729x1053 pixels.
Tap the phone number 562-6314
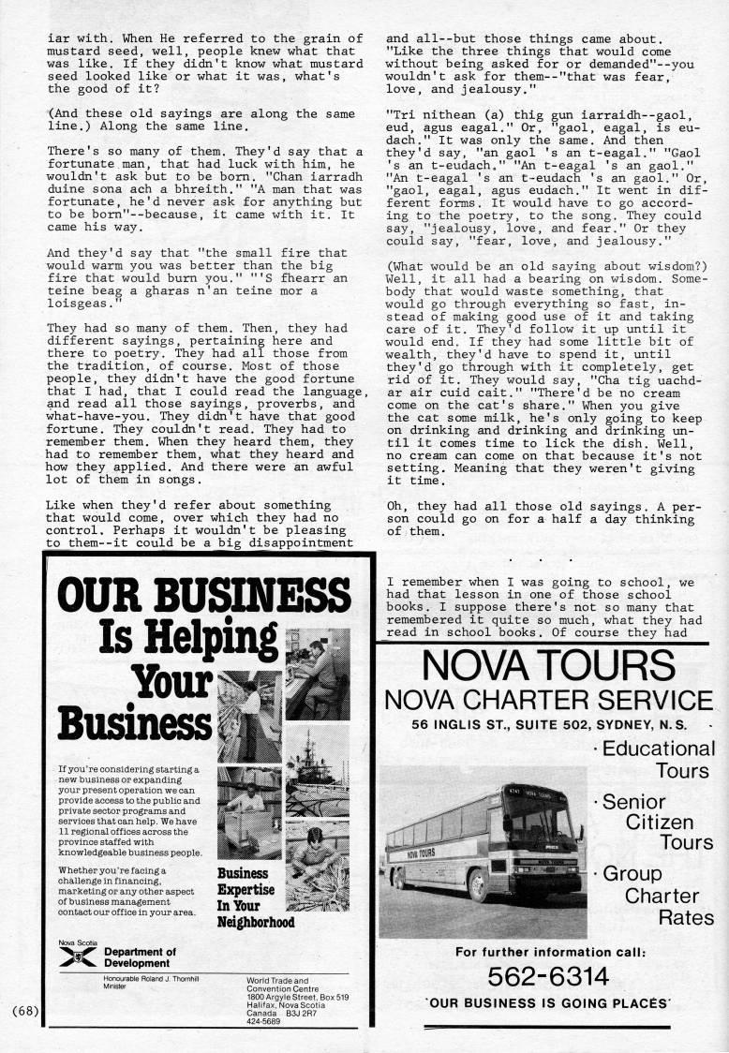[x=548, y=977]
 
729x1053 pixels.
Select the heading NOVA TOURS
[x=548, y=666]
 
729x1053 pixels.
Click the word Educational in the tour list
[x=658, y=749]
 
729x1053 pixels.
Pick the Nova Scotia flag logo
[x=77, y=957]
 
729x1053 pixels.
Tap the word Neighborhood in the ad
[x=256, y=922]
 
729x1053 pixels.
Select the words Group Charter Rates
[x=658, y=896]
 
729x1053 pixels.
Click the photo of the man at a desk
[x=317, y=675]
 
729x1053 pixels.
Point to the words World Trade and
[x=278, y=980]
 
